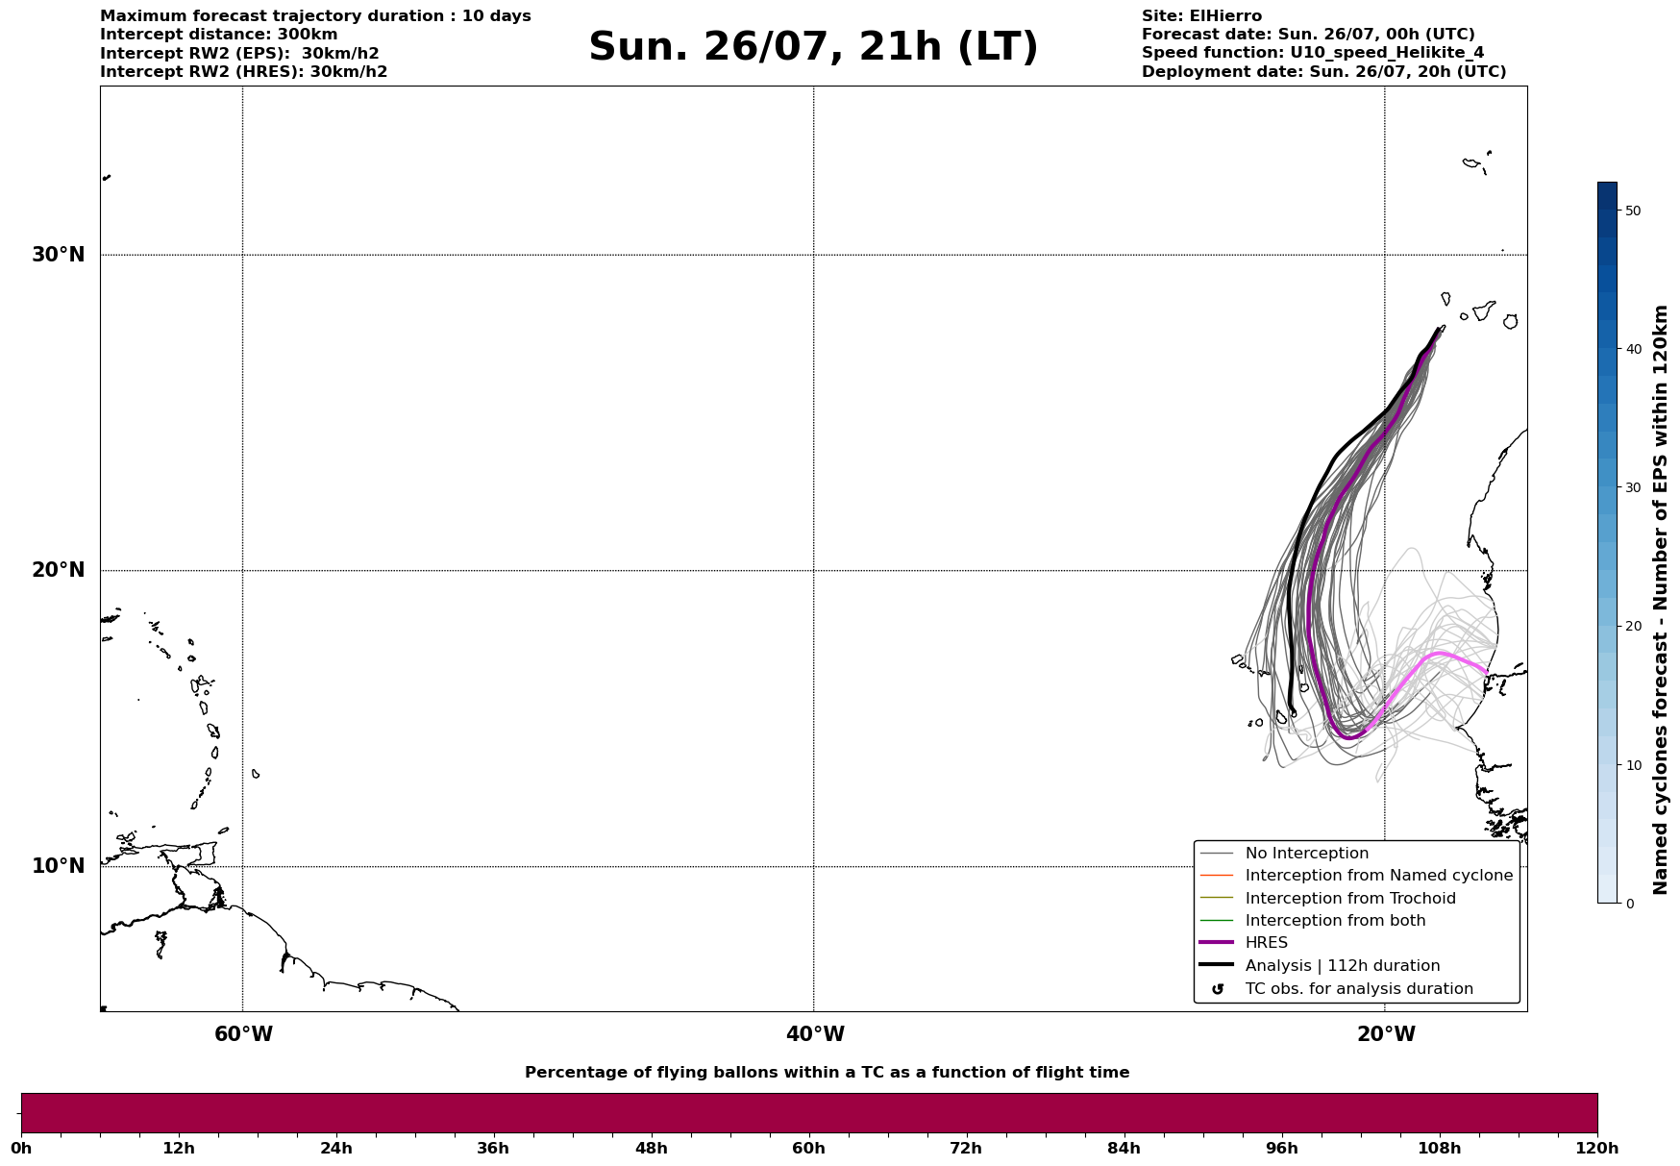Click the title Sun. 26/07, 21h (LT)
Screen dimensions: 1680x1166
coord(813,47)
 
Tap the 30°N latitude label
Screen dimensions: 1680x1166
coord(59,255)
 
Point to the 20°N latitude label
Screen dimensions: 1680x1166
coord(59,570)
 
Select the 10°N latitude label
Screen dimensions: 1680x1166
coord(59,866)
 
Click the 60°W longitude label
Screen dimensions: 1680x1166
coord(243,1034)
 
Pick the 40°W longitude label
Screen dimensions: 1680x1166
coord(815,1034)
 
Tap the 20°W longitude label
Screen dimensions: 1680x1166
coord(1386,1034)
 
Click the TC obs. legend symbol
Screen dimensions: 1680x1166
coord(1218,989)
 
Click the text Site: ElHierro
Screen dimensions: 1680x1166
coord(1201,16)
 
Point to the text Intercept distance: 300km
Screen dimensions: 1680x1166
coord(219,35)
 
